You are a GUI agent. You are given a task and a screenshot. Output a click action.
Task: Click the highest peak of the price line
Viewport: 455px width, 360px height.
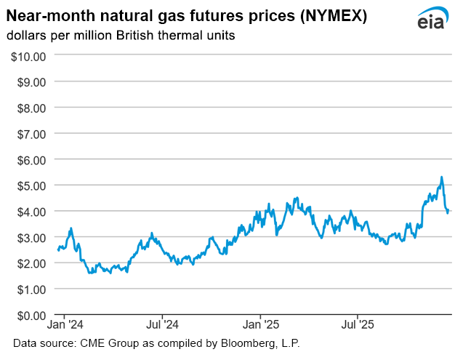coord(441,177)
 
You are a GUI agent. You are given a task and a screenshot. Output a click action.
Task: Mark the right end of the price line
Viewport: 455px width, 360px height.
coord(448,212)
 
